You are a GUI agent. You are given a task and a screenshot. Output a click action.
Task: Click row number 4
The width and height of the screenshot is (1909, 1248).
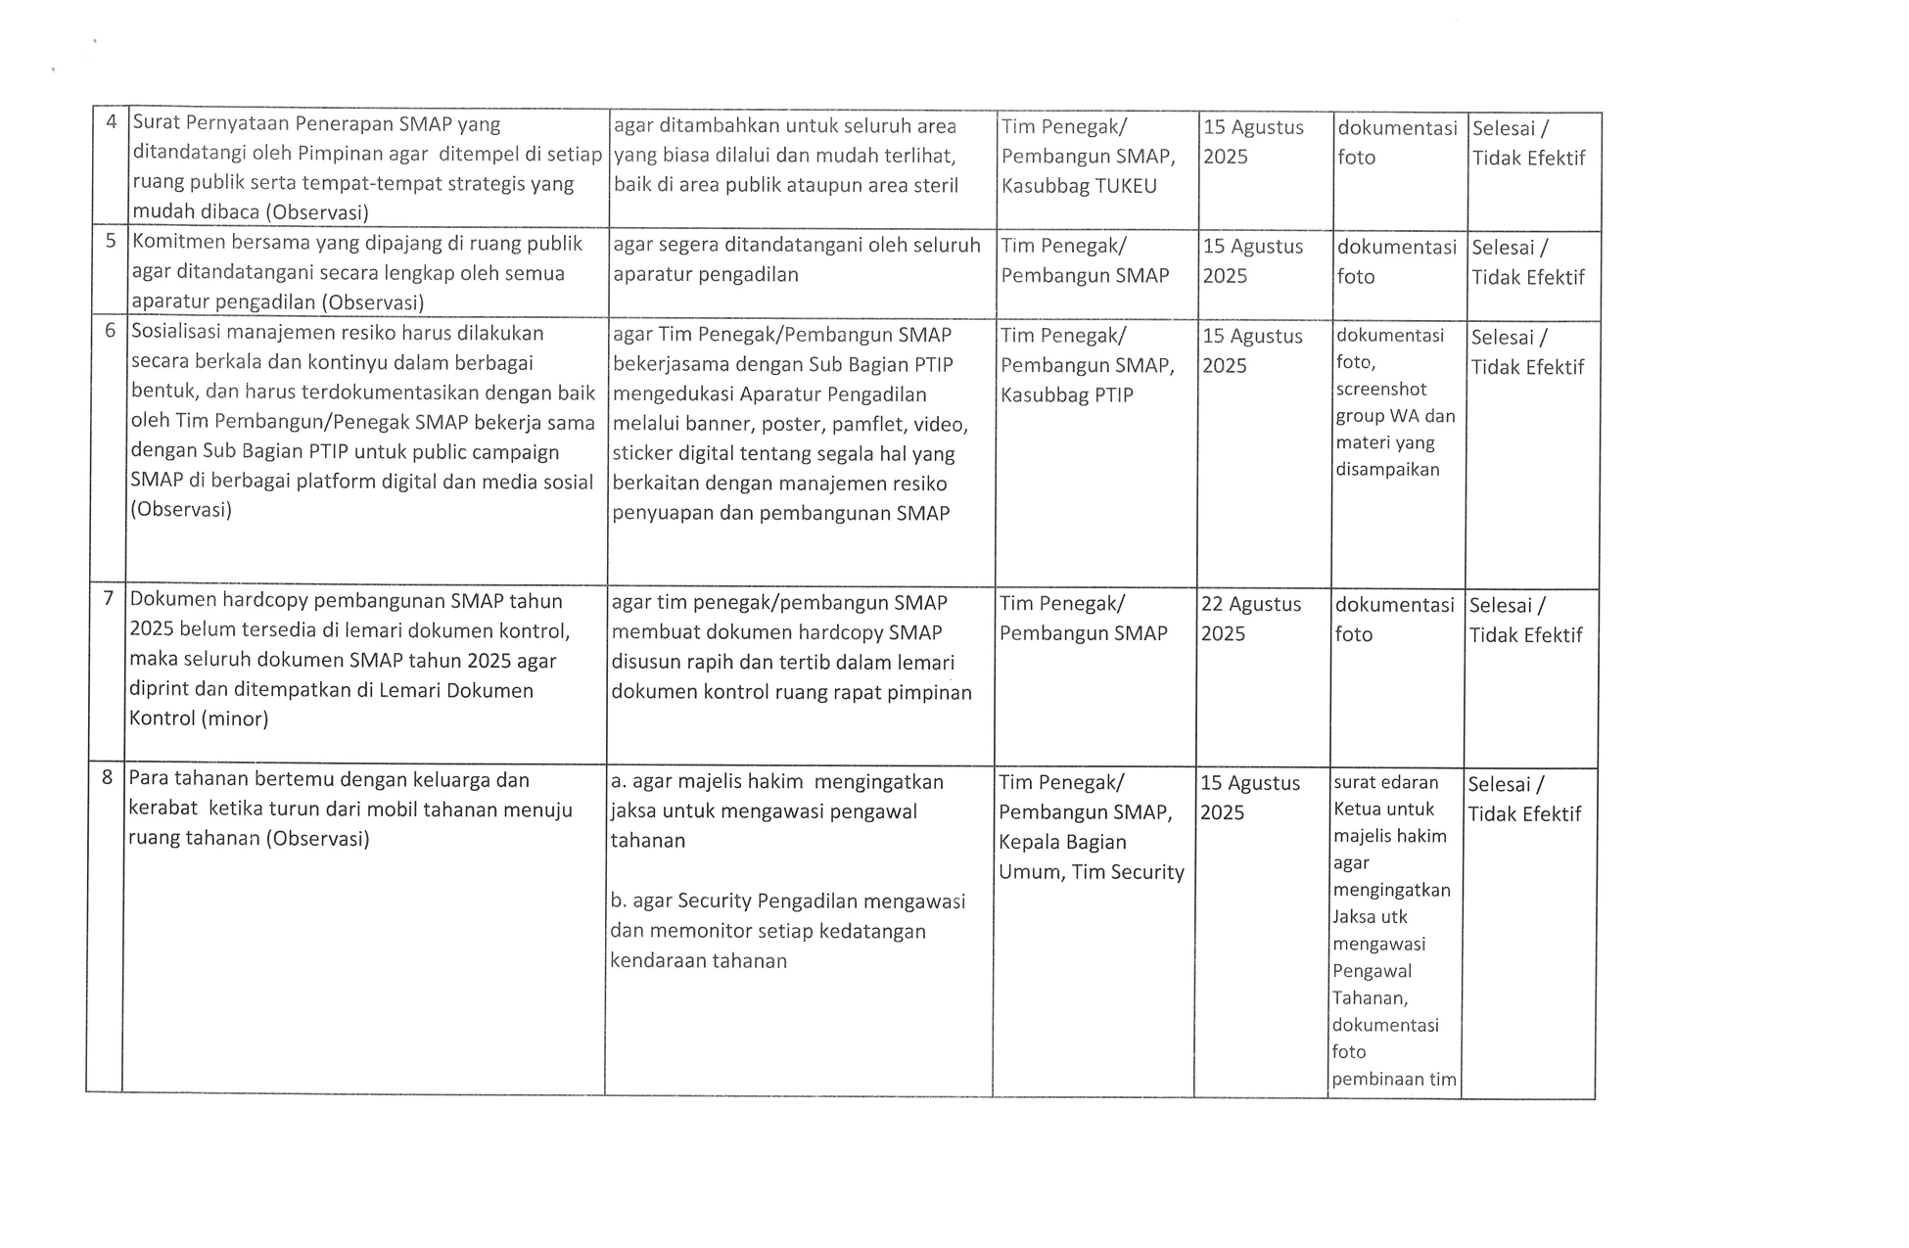(112, 122)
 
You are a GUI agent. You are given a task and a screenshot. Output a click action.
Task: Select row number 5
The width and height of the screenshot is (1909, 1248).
(111, 242)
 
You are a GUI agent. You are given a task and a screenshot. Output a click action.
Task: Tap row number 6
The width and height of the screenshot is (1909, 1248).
(110, 331)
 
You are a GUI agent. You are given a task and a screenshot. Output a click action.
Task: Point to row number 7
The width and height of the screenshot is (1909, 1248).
(108, 598)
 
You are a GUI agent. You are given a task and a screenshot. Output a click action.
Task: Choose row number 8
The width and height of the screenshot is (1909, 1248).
(107, 778)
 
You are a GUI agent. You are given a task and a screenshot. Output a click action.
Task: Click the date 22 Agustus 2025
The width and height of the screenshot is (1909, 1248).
(1250, 619)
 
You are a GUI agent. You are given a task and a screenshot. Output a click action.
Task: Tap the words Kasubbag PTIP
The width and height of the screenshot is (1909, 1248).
(1066, 394)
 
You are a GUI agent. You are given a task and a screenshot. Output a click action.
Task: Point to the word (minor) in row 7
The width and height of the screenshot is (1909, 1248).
(234, 718)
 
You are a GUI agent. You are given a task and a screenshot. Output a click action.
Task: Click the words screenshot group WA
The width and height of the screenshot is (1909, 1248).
(1394, 402)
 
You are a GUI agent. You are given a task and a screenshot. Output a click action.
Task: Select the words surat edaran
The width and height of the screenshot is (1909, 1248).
(1385, 782)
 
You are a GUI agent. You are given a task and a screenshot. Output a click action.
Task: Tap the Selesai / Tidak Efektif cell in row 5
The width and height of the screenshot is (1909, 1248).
(1527, 262)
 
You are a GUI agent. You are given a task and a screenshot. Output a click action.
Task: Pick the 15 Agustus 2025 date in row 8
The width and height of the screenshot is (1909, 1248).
(1249, 797)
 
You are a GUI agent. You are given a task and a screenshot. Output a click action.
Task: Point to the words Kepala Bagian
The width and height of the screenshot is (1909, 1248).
(1062, 842)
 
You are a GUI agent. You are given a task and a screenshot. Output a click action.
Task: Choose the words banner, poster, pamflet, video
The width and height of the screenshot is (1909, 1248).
(790, 424)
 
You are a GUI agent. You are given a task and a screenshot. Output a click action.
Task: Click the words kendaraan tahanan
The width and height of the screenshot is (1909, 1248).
(698, 960)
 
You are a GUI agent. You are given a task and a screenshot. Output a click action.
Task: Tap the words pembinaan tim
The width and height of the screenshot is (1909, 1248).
(1393, 1080)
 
